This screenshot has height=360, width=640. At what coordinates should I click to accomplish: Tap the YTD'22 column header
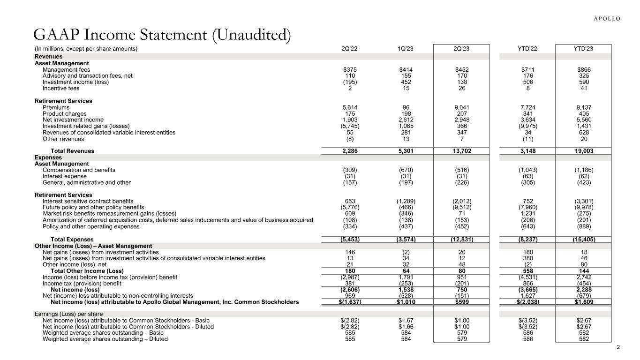[527, 49]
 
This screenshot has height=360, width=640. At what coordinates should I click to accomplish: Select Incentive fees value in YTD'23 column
[583, 88]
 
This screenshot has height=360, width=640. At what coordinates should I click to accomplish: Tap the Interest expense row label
[64, 176]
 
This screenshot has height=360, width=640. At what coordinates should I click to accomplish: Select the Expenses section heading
[48, 157]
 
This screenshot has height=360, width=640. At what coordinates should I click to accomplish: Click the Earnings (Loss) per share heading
[68, 314]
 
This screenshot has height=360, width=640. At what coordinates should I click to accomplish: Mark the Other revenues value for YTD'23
[583, 139]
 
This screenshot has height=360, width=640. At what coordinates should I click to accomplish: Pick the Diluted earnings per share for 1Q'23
[406, 326]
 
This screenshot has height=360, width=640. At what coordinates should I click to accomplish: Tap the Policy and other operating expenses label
[90, 226]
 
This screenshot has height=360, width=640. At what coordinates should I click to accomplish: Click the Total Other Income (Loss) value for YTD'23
[583, 271]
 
